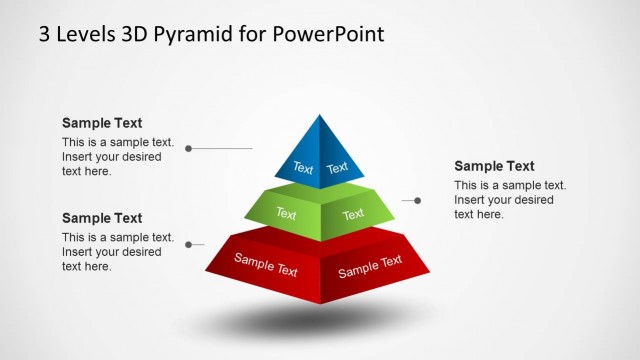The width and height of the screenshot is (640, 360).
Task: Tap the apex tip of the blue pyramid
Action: click(320, 116)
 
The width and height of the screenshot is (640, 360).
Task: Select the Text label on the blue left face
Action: click(302, 168)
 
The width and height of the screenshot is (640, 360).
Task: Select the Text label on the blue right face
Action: click(338, 167)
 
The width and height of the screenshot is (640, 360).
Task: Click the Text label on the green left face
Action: click(286, 213)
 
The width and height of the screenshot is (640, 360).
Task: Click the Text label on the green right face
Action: click(353, 214)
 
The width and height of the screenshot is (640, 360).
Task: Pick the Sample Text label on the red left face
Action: click(266, 265)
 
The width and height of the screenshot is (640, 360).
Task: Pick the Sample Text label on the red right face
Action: click(370, 266)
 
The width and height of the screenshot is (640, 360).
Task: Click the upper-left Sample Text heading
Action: click(102, 123)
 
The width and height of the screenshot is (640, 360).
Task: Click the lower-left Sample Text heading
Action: click(102, 218)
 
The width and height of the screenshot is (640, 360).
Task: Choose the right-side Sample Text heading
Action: click(494, 166)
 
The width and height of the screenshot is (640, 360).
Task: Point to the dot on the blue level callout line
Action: click(189, 148)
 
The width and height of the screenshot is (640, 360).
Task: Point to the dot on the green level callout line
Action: click(417, 200)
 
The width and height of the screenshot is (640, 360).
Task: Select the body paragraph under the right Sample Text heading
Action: click(509, 200)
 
